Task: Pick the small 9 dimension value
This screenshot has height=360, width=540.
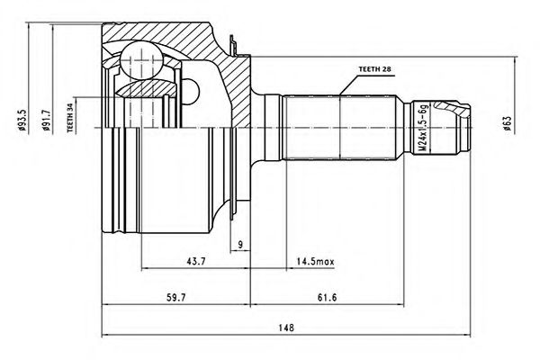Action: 241,245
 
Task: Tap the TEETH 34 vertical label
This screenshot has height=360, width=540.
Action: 69,116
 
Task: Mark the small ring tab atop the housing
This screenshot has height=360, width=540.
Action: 235,43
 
